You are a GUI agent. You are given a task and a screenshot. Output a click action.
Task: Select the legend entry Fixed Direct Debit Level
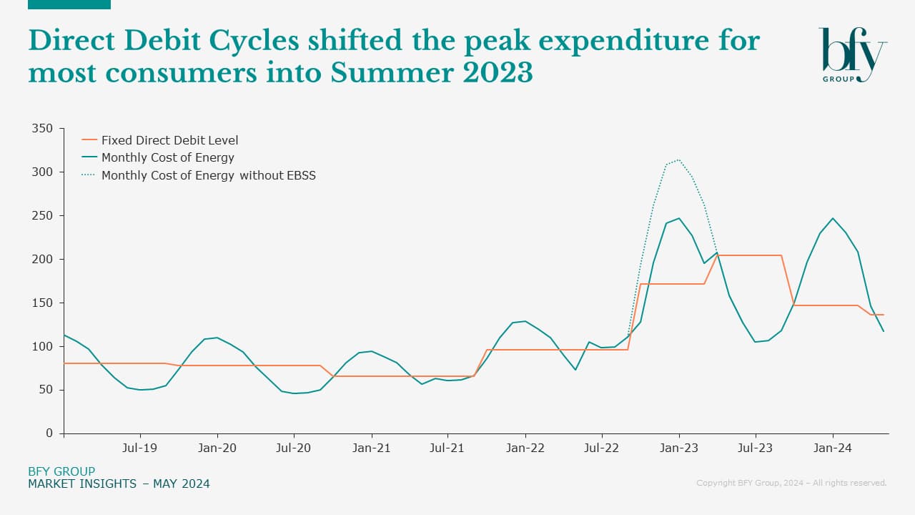pyautogui.click(x=169, y=140)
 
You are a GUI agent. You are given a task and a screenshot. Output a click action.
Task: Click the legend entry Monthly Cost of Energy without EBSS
pyautogui.click(x=208, y=175)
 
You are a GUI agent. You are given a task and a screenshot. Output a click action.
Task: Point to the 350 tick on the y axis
pyautogui.click(x=43, y=129)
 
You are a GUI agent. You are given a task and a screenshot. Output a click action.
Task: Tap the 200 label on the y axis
pyautogui.click(x=43, y=259)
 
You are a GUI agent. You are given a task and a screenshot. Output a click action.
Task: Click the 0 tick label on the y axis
pyautogui.click(x=49, y=433)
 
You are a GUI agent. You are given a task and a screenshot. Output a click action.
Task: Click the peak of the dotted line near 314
pyautogui.click(x=678, y=160)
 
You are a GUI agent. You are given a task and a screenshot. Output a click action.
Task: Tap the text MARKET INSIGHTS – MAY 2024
pyautogui.click(x=119, y=484)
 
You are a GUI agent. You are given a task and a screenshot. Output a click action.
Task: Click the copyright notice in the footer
pyautogui.click(x=791, y=484)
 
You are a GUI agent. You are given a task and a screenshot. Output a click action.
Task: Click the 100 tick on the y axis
pyautogui.click(x=43, y=346)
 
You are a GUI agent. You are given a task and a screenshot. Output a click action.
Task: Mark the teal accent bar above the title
pyautogui.click(x=69, y=4)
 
